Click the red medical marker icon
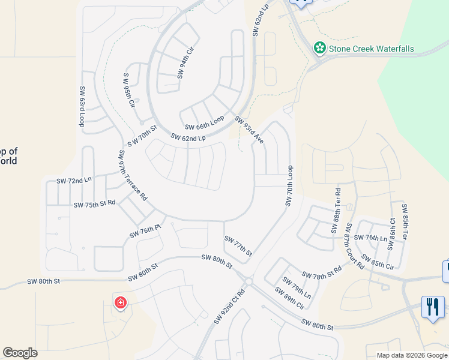pyautogui.click(x=121, y=302)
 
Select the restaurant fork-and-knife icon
pyautogui.click(x=433, y=307)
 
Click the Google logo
pyautogui.click(x=20, y=353)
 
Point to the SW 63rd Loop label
pyautogui.click(x=82, y=106)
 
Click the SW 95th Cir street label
pyautogui.click(x=128, y=90)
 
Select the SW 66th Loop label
pyautogui.click(x=204, y=122)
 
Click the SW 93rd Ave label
pyautogui.click(x=249, y=130)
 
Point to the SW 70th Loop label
pyautogui.click(x=289, y=186)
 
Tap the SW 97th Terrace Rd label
pyautogui.click(x=133, y=176)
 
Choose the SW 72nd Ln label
pyautogui.click(x=74, y=180)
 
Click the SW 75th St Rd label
pyautogui.click(x=94, y=204)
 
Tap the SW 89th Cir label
pyautogui.click(x=289, y=298)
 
